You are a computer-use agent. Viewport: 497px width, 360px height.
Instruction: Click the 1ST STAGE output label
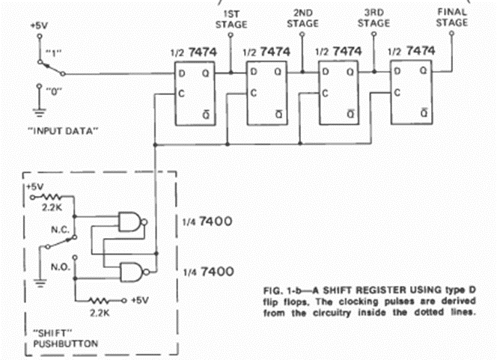(x=231, y=19)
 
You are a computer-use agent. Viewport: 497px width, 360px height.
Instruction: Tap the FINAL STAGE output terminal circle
(x=451, y=33)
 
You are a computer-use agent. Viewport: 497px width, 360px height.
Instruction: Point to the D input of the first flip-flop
(x=182, y=74)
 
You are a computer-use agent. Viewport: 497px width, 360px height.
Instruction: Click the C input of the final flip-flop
(x=397, y=93)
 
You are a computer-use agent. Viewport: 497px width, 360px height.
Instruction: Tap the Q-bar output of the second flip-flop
(x=279, y=114)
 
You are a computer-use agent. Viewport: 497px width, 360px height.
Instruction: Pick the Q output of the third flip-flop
(x=350, y=73)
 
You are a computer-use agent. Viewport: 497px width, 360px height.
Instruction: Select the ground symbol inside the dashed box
(x=40, y=283)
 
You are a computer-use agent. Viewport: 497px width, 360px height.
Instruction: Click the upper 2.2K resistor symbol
(x=52, y=197)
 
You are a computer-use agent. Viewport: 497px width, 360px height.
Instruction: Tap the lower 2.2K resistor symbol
(x=100, y=300)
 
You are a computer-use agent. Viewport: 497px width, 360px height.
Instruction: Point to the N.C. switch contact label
(x=60, y=230)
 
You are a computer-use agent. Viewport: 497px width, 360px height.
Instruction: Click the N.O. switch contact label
(x=60, y=267)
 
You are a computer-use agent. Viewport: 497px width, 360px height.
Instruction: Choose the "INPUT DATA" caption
(x=63, y=130)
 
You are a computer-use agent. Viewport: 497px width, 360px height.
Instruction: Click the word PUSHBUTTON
(x=66, y=344)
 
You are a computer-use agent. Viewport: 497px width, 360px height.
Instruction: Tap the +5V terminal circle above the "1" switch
(x=40, y=37)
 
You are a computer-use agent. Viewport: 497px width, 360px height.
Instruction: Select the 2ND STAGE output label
(x=302, y=19)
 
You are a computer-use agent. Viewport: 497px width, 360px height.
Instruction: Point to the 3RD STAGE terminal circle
(x=374, y=34)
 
